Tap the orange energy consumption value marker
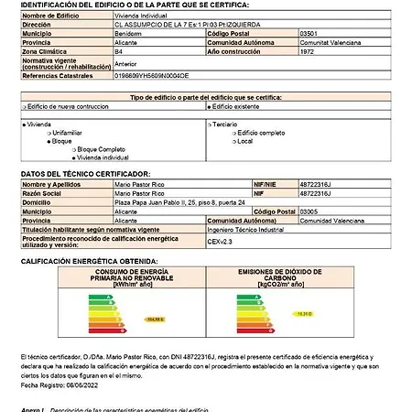click(x=154, y=318)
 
